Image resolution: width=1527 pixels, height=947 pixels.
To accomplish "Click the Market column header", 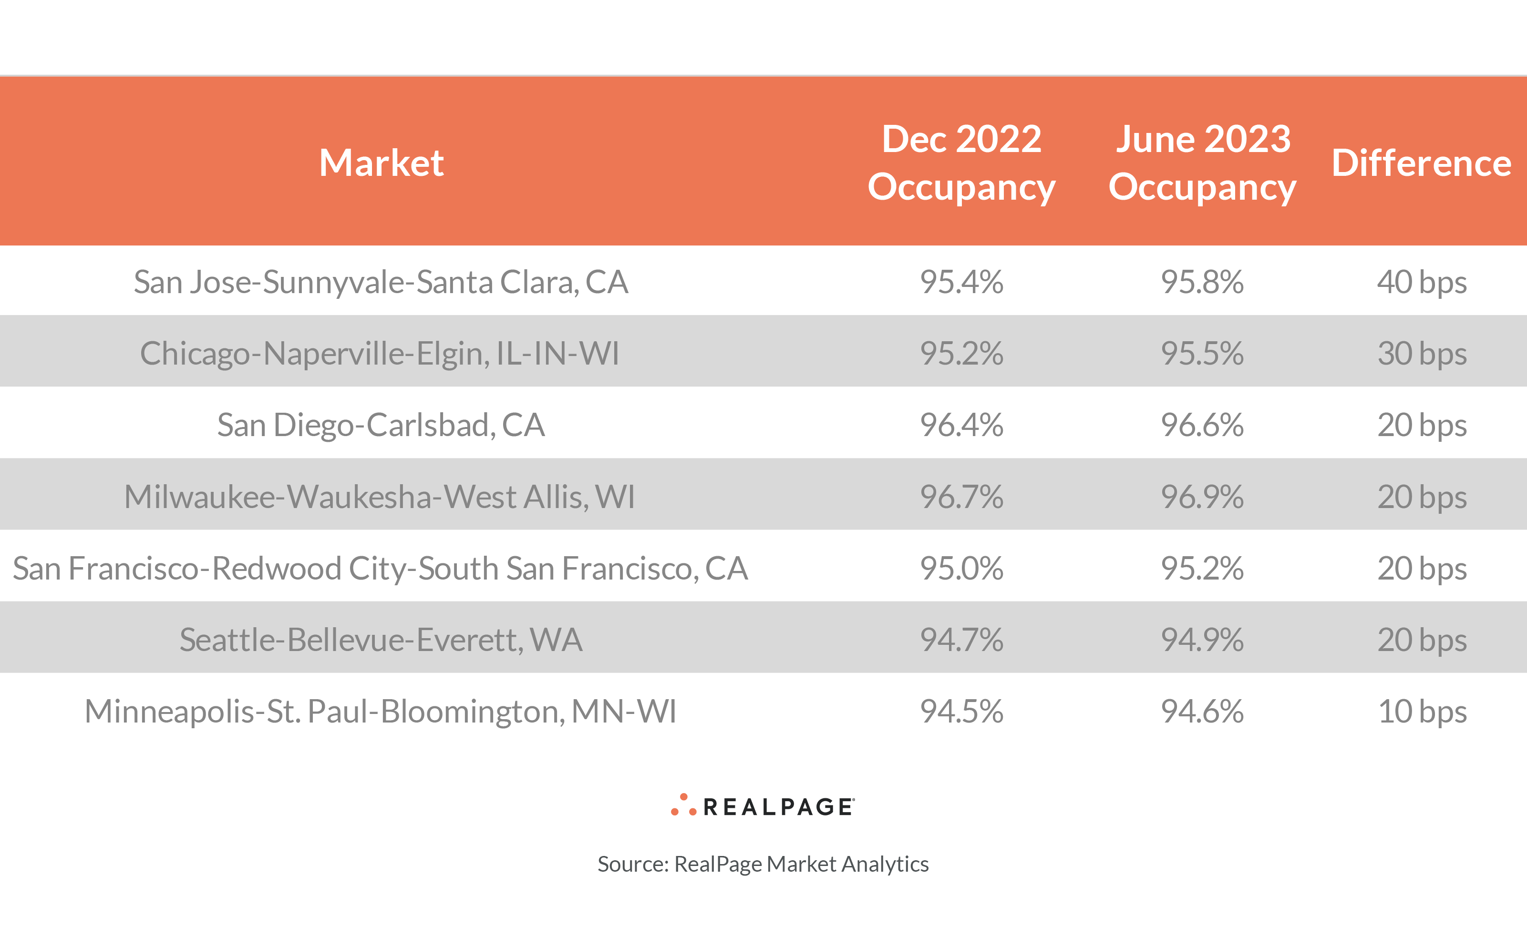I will tap(381, 163).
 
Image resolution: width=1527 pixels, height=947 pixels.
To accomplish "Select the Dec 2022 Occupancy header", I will tap(961, 163).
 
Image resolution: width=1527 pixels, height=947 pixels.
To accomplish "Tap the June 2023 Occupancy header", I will tap(1202, 163).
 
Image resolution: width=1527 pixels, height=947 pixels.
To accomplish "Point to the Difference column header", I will tap(1421, 163).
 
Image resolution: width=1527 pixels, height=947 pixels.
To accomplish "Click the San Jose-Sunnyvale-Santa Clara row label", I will tap(381, 282).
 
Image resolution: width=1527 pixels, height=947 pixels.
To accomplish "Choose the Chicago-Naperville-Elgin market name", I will tap(380, 353).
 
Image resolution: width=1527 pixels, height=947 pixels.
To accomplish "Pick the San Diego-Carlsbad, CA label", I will tap(381, 425).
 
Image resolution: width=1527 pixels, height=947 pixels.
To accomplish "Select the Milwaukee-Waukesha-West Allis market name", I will tap(380, 497).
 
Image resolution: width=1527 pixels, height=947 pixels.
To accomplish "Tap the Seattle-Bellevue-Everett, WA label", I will tap(381, 640).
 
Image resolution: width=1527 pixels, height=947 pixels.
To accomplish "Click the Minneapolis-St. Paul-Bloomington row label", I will tap(381, 712).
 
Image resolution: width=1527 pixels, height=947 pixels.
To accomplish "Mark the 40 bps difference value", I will tap(1422, 282).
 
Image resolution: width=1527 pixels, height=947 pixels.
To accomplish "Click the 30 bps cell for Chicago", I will tap(1422, 353).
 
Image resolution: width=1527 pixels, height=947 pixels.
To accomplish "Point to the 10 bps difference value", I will tap(1422, 712).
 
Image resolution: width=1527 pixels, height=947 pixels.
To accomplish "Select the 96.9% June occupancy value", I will tap(1202, 497).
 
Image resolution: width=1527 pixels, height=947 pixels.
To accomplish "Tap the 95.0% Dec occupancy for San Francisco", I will tap(961, 568).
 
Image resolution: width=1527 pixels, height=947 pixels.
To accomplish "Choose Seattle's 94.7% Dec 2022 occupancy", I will tap(961, 640).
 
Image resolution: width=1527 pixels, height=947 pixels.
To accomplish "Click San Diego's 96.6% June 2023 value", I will tap(1202, 425).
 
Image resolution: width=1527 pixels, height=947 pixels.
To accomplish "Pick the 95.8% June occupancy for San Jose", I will tap(1202, 282).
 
